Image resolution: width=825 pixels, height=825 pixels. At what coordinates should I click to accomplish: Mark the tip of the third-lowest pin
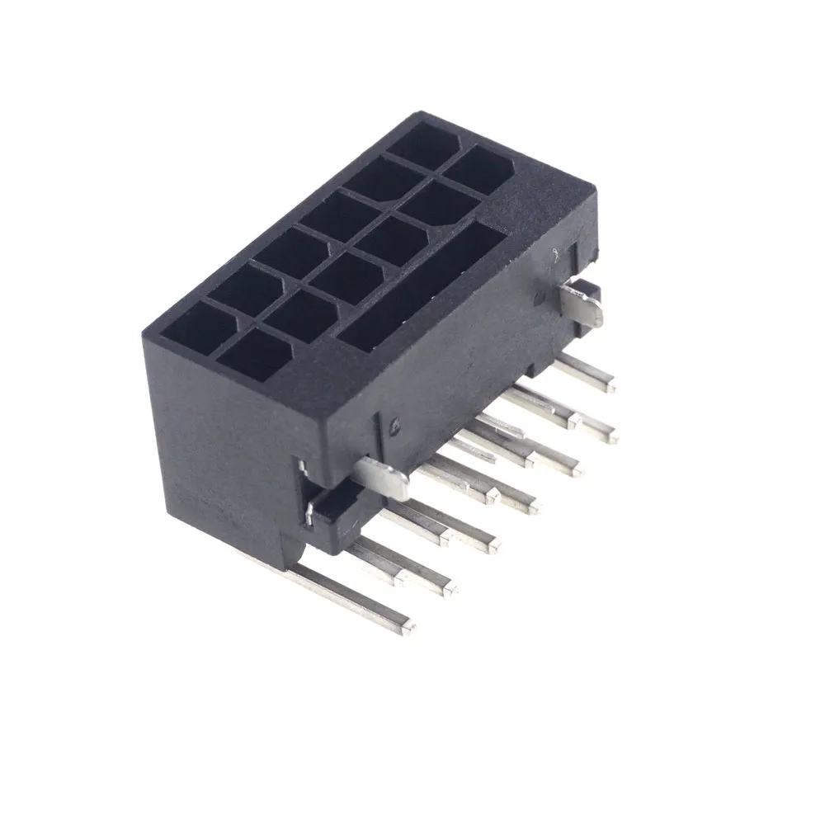pyautogui.click(x=493, y=541)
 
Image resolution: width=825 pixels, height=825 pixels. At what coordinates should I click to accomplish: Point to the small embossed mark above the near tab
pyautogui.click(x=394, y=426)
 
